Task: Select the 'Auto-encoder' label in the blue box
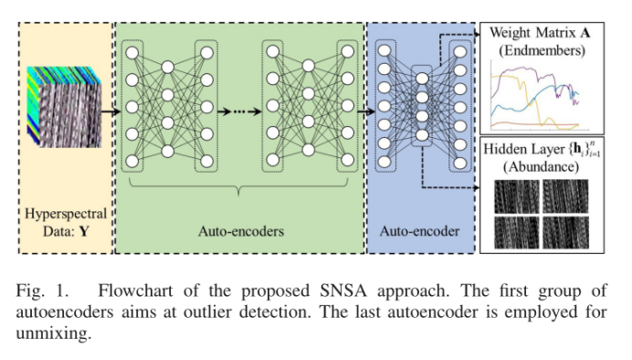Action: (420, 230)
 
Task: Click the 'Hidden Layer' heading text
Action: (527, 148)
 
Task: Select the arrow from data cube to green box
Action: (105, 111)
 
